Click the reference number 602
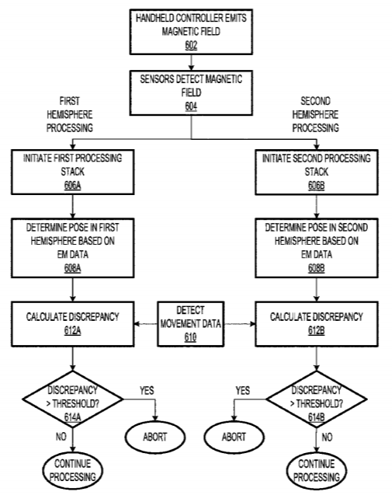[x=191, y=46]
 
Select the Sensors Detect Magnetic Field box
[x=191, y=92]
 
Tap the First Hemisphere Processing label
[x=70, y=114]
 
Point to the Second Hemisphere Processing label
[x=315, y=114]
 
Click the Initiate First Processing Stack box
[x=72, y=172]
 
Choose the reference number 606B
[x=316, y=186]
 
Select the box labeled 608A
[x=72, y=248]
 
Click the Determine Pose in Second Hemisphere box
[x=317, y=248]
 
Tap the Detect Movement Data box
[x=191, y=324]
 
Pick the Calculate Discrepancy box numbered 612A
[x=72, y=324]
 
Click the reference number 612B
[x=316, y=331]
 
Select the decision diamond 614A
[x=72, y=399]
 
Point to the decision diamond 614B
[x=317, y=399]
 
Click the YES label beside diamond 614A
[x=147, y=391]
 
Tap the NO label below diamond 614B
[x=327, y=437]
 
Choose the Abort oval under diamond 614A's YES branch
[x=154, y=437]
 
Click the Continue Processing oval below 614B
[x=317, y=470]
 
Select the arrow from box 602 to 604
[x=191, y=62]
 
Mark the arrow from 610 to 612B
[x=240, y=324]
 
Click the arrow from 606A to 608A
[x=72, y=207]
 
